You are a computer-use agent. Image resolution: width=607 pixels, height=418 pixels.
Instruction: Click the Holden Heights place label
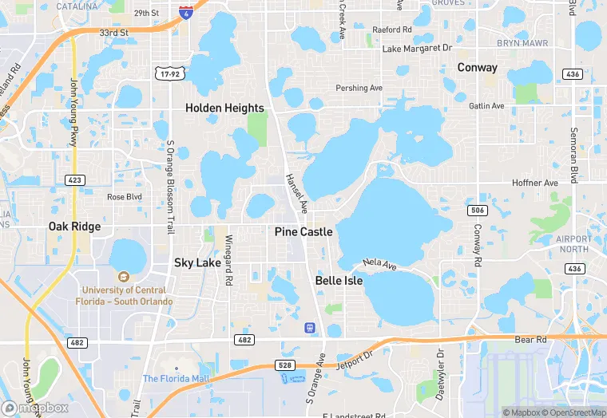click(224, 108)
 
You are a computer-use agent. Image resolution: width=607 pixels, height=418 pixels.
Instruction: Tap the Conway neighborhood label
click(477, 68)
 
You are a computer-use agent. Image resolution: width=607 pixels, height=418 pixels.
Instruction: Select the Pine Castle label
click(303, 231)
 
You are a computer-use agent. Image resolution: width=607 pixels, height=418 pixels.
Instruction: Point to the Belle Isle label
click(339, 281)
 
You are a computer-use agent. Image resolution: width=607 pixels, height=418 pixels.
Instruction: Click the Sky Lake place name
click(197, 262)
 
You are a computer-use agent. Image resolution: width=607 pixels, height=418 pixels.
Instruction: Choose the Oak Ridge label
click(74, 227)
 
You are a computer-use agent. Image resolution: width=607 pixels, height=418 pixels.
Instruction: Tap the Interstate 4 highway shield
click(185, 14)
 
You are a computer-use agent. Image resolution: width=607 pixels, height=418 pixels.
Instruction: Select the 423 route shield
click(75, 180)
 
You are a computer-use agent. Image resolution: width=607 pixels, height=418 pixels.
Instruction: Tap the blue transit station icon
click(309, 328)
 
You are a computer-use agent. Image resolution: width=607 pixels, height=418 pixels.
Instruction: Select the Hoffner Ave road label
click(534, 183)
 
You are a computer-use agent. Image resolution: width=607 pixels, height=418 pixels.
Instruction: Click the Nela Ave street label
click(379, 262)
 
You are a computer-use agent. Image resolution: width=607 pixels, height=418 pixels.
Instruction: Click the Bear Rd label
click(530, 339)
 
